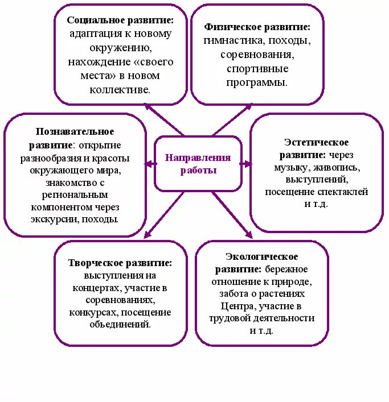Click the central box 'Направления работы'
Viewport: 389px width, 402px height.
tap(198, 164)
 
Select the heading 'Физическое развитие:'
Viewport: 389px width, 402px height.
tap(257, 27)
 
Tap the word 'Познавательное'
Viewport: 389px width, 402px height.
tap(75, 132)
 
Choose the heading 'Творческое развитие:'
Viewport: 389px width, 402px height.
tap(120, 263)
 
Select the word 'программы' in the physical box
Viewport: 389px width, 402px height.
tap(257, 82)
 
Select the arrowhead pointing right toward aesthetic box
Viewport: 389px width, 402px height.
tap(247, 164)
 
